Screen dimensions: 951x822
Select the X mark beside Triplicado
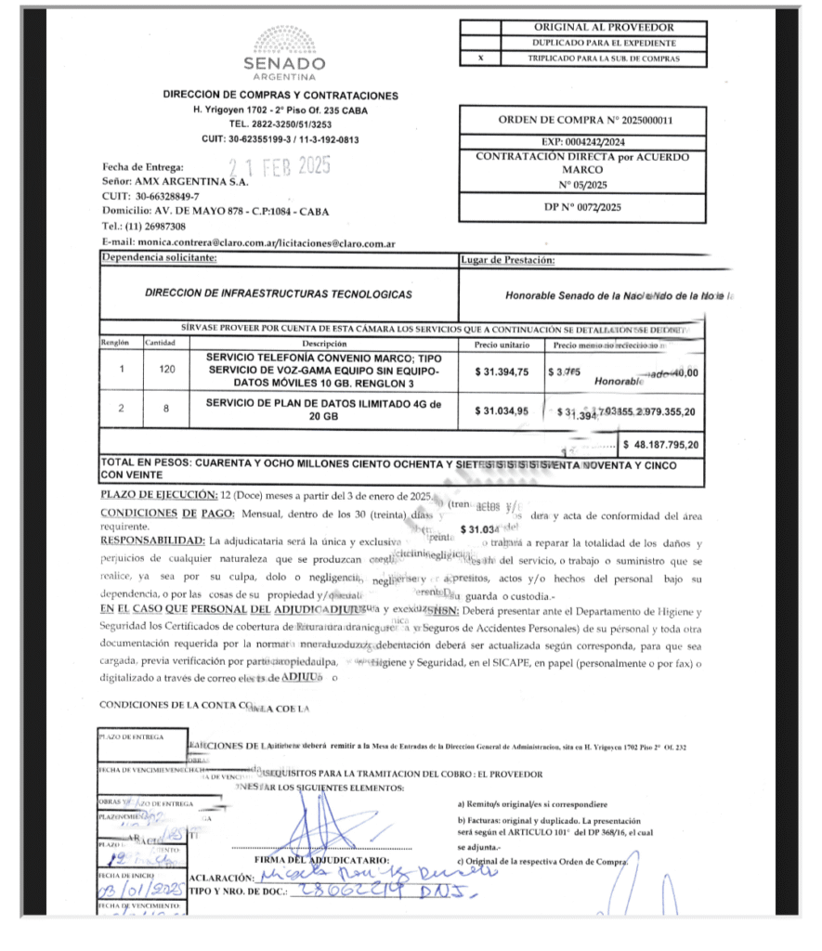[480, 59]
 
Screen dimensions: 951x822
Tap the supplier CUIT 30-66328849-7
[167, 197]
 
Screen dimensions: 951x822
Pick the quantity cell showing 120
[162, 371]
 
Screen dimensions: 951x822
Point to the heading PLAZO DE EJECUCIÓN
[159, 494]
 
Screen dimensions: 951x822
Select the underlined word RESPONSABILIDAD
[152, 540]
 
